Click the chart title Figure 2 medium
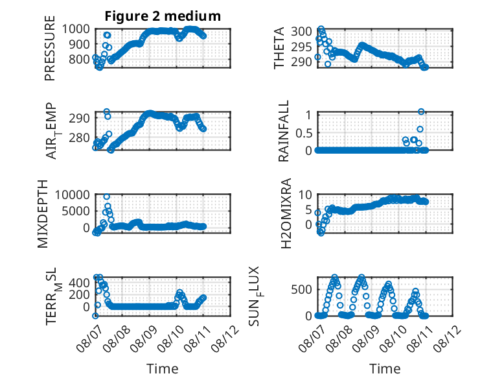(x=163, y=16)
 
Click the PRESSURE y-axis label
(x=50, y=48)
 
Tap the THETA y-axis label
(x=279, y=48)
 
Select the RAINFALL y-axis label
(x=284, y=131)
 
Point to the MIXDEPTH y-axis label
(x=42, y=214)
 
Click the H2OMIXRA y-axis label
(x=286, y=213)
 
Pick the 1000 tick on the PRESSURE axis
(x=76, y=29)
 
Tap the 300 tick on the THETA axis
(x=301, y=32)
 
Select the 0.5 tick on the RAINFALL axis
(x=304, y=132)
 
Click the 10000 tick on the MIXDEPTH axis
(x=73, y=195)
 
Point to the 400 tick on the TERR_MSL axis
(x=79, y=283)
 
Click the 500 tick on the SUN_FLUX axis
(x=301, y=290)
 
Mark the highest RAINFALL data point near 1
(x=421, y=112)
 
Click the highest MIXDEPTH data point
(x=107, y=196)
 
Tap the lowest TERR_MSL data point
(x=95, y=316)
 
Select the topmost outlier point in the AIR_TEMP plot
(x=107, y=112)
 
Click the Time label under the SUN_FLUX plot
(x=385, y=369)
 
